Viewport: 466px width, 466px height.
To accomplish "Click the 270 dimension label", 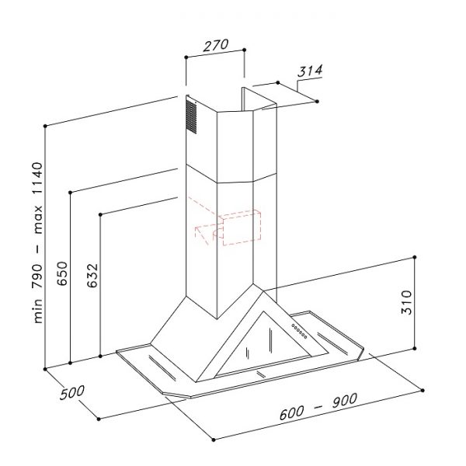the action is pyautogui.click(x=216, y=45).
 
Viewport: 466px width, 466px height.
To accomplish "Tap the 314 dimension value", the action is pyautogui.click(x=310, y=71).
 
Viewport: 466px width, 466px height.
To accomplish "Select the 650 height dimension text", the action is pyautogui.click(x=62, y=273).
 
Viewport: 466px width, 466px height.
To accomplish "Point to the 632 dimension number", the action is pyautogui.click(x=92, y=276).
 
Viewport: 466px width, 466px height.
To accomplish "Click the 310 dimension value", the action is pyautogui.click(x=406, y=302).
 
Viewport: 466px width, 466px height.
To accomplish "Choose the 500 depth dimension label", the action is pyautogui.click(x=72, y=392).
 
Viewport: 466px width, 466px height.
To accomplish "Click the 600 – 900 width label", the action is pyautogui.click(x=318, y=406).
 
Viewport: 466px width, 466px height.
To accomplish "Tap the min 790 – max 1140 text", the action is pyautogui.click(x=38, y=243).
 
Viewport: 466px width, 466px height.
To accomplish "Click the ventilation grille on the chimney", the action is pyautogui.click(x=191, y=116).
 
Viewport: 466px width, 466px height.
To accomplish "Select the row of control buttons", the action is pyautogui.click(x=299, y=331).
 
